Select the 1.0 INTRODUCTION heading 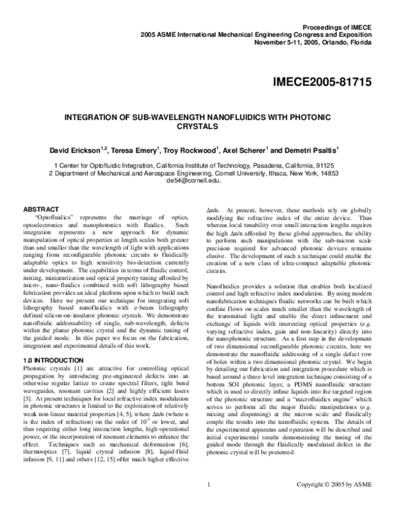pos(46,361)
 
